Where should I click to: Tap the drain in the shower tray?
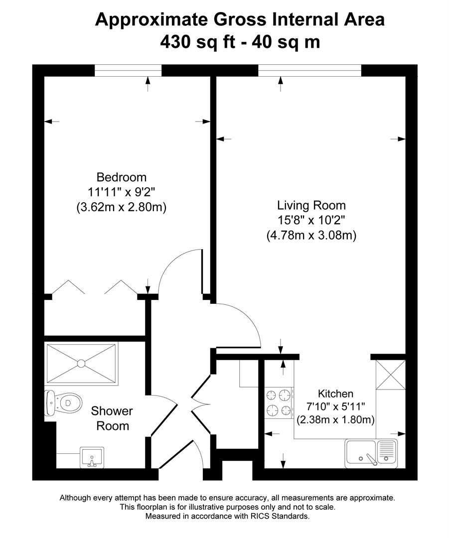pyautogui.click(x=81, y=364)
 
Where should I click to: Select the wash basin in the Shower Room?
pyautogui.click(x=92, y=457)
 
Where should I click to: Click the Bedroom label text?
pyautogui.click(x=122, y=177)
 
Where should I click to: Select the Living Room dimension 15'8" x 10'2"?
pyautogui.click(x=311, y=220)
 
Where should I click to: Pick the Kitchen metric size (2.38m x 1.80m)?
pyautogui.click(x=335, y=420)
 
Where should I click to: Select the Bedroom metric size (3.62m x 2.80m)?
pyautogui.click(x=121, y=207)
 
